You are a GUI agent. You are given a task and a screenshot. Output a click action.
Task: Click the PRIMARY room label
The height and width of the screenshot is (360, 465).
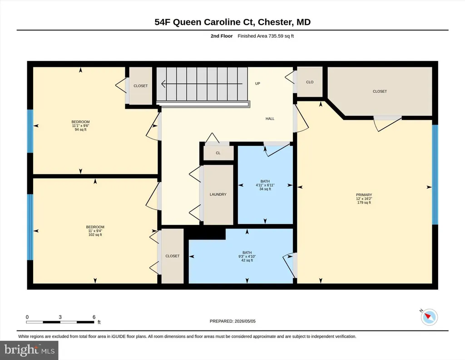pos(364,195)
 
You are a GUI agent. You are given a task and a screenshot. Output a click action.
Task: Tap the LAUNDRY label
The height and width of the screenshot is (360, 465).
pos(218,195)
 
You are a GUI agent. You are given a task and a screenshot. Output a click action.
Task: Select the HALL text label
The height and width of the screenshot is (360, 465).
pos(270,119)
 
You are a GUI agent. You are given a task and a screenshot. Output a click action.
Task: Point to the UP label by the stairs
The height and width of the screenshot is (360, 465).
pos(258,84)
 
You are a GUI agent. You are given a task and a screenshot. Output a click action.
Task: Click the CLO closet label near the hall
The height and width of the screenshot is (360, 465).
pos(310,82)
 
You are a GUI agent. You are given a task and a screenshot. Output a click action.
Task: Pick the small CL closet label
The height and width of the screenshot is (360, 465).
pos(218,153)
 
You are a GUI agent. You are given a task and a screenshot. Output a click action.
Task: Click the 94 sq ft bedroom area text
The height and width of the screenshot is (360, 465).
pos(80,130)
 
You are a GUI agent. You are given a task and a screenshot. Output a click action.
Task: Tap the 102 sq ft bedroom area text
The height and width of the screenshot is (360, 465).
pos(95,235)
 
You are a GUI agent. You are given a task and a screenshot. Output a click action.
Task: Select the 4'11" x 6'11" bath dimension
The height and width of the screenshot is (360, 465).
pos(265,185)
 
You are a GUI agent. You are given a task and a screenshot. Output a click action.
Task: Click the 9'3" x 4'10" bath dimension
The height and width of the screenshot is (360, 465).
pos(247,257)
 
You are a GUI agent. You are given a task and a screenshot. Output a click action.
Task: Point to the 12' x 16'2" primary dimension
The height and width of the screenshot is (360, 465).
pos(364,199)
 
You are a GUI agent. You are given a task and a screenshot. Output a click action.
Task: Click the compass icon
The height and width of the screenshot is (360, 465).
pos(429,317)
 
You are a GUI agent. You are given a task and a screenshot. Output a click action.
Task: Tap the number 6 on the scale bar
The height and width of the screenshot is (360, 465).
pos(94,317)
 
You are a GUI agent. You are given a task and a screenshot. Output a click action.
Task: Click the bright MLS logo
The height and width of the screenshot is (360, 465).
pos(29,350)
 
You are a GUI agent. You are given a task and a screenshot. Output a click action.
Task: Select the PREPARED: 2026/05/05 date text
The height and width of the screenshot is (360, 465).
pos(232,321)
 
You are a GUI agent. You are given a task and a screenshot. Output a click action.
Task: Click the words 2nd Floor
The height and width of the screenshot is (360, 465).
pos(222,36)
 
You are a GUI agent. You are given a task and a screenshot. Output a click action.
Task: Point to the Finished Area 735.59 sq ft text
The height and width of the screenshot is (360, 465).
pos(266,36)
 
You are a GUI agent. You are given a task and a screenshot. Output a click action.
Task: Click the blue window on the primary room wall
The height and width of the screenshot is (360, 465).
pos(435,175)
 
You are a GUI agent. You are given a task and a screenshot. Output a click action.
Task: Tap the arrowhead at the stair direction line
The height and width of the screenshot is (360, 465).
pos(163,84)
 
